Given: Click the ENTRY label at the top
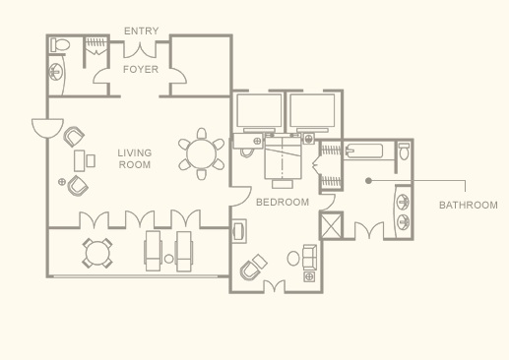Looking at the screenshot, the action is point(142,30).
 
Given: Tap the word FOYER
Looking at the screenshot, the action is point(141,69).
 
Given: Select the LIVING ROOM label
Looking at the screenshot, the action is point(135,158).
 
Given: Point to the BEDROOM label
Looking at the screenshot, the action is point(283,202).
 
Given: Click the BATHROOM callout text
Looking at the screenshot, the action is point(469,206).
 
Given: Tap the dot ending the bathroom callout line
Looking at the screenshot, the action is point(368,180).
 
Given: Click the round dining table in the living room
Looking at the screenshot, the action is point(201,153).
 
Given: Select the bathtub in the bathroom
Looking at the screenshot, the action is point(364,151).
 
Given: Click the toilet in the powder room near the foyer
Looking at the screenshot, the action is point(60,45).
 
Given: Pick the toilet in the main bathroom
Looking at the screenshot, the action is point(404,151).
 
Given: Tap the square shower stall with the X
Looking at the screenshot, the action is point(331,226).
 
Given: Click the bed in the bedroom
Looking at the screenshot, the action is point(283,158).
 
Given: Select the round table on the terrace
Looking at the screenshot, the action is point(97,254).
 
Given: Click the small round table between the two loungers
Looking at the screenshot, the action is point(168,259).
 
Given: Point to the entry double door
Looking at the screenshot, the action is point(140,50).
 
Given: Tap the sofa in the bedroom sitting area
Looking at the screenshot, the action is point(310,258).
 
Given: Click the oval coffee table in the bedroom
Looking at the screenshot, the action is point(293,259).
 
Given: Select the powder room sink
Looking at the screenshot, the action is point(56,72).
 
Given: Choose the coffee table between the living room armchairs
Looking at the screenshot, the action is point(80,160).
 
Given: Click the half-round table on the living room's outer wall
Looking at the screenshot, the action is point(47,129).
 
